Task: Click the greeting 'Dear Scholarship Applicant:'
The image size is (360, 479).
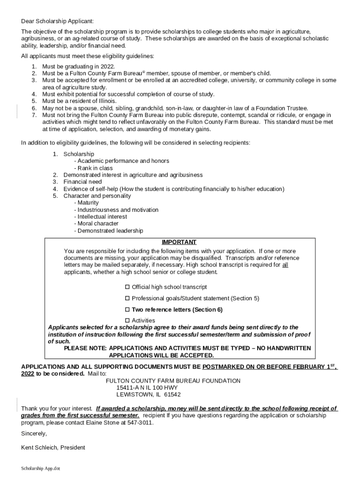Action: [x=58, y=22]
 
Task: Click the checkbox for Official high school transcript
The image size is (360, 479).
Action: [x=127, y=287]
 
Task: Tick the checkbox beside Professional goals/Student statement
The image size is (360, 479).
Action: [x=127, y=298]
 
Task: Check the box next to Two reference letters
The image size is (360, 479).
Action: [x=127, y=310]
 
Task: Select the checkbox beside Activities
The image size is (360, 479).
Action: [x=127, y=320]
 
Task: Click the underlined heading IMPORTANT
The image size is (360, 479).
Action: [x=179, y=242]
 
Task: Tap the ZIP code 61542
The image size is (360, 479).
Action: [x=172, y=395]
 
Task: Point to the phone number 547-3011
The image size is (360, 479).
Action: [x=140, y=422]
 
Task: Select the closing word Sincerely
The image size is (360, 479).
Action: [x=34, y=434]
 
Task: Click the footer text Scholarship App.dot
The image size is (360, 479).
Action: [x=41, y=468]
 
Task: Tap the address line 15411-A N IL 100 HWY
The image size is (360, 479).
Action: [x=147, y=388]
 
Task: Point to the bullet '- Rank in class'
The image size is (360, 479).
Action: [x=93, y=168]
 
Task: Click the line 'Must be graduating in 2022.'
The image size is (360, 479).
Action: [x=72, y=66]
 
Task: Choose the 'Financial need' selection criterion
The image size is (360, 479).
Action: [x=83, y=182]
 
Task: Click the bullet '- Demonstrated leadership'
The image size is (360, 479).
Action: [x=108, y=231]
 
